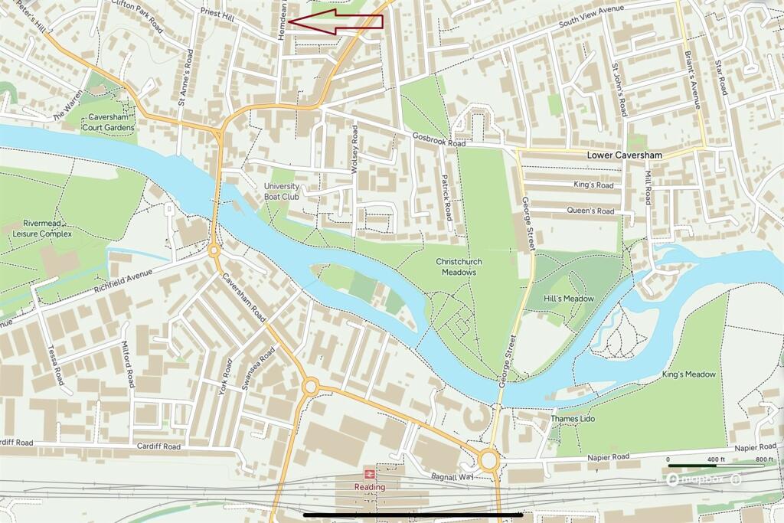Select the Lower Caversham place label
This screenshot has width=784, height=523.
click(x=624, y=155)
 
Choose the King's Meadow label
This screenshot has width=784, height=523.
click(x=688, y=374)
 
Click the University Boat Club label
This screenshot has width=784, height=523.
click(x=282, y=191)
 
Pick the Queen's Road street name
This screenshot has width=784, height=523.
click(x=590, y=211)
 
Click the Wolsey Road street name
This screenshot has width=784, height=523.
click(x=354, y=150)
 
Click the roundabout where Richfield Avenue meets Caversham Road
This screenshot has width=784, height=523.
click(x=214, y=250)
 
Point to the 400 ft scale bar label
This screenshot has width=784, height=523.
click(x=714, y=459)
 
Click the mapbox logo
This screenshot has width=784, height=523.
click(x=694, y=480)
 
